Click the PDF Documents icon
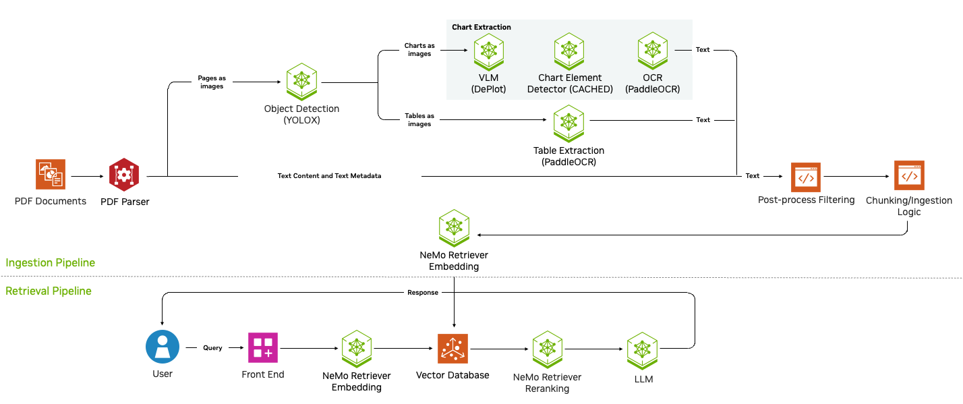coord(51,175)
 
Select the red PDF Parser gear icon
coord(124,175)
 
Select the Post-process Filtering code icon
coord(806,177)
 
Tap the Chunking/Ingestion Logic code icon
coord(909,175)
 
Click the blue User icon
coord(163,347)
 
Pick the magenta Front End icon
coord(263,348)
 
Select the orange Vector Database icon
coord(453,349)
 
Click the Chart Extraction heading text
coord(482,27)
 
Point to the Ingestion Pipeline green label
coord(51,262)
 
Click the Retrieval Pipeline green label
coord(49,291)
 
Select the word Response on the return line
coord(423,293)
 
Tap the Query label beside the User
coord(212,348)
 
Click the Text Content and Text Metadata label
coord(329,176)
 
